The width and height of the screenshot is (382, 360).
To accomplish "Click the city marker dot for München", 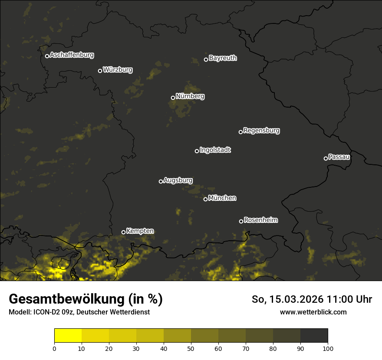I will click(x=205, y=200).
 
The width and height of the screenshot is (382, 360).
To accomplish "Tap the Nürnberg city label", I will click(x=190, y=96).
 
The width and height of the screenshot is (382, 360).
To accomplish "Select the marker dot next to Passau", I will click(x=326, y=158).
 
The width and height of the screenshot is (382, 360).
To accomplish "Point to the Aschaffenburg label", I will click(x=72, y=55).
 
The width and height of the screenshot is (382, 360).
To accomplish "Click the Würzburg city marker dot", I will click(x=100, y=71).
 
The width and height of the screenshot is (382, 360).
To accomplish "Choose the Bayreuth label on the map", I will click(x=223, y=58).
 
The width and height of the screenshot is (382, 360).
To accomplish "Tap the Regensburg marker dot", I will click(x=240, y=132).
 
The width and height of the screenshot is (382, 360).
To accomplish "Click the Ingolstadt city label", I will click(x=215, y=150).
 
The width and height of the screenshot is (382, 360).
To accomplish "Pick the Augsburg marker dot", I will click(x=161, y=181).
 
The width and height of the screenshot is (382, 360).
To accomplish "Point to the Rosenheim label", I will click(x=260, y=220).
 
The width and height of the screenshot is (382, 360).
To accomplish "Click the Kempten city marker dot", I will click(x=123, y=232).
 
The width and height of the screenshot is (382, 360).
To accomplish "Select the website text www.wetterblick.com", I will click(x=313, y=312).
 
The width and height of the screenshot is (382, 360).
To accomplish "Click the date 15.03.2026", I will click(x=297, y=299).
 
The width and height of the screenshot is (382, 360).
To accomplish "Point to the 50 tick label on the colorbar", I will click(x=191, y=348).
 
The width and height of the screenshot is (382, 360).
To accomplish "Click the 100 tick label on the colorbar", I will click(x=327, y=348).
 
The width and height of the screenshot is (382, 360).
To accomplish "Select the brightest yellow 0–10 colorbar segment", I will click(x=68, y=335).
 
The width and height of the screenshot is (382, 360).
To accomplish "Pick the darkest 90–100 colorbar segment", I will click(x=314, y=335).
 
